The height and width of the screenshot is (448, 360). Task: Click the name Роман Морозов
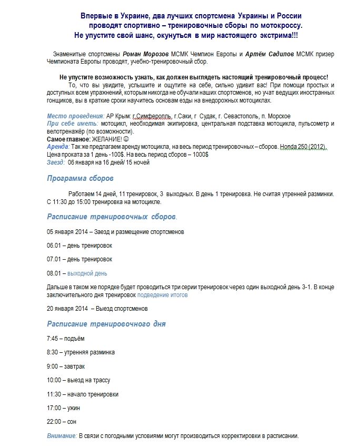point(146,54)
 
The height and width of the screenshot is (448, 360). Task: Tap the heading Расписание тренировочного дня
point(106,323)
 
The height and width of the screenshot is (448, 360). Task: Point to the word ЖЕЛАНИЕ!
point(98,139)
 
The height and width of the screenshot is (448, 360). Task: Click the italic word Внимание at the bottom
point(62,436)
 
